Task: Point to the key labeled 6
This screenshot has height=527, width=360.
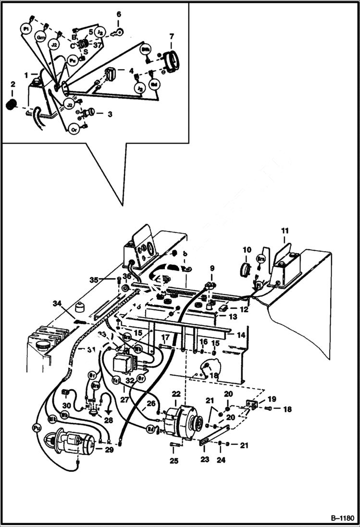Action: (117, 33)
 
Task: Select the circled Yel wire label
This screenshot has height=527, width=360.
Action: (116, 379)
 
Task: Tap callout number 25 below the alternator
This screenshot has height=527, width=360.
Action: (174, 461)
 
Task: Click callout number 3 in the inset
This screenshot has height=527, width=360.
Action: (110, 114)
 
